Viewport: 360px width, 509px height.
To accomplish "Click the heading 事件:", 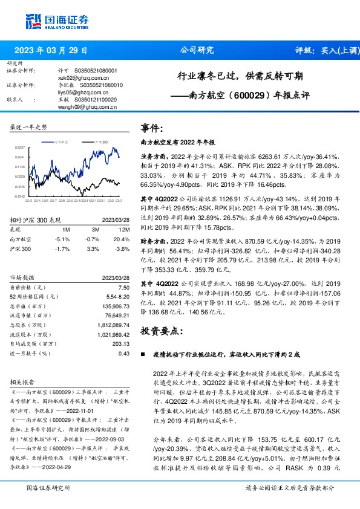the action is (152, 128).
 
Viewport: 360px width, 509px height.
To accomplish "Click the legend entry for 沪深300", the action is (100, 141).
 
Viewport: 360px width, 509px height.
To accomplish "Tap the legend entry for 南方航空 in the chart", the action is (61, 141).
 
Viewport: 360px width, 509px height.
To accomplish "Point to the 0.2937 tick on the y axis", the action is (19, 147).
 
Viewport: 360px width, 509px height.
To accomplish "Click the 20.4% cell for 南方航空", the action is (123, 239).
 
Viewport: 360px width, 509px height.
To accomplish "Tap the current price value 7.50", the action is (124, 288).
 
